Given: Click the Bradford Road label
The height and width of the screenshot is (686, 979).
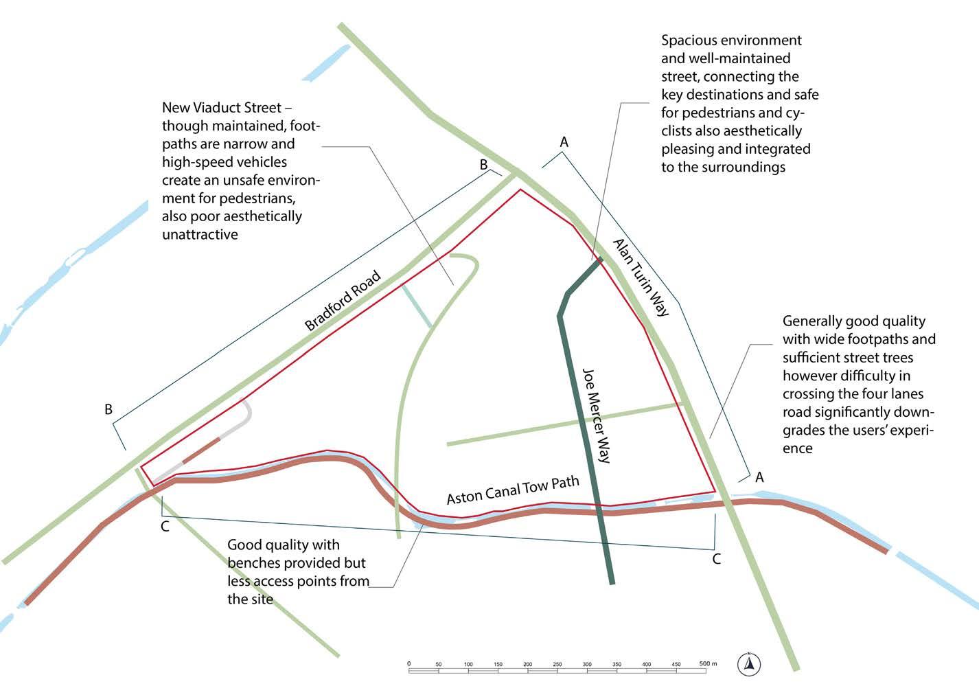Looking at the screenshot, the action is point(343,301).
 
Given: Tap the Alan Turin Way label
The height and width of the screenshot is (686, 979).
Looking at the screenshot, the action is point(640,277).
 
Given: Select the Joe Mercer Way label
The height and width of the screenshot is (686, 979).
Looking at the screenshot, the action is point(596,415).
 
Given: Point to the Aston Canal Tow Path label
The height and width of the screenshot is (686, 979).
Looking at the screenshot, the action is point(513,490).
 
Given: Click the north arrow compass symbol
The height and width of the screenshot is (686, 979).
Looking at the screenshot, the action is point(750,664).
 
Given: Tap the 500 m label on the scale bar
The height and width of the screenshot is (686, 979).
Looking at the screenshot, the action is point(708,664).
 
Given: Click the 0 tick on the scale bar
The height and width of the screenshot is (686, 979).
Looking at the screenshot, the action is point(409,664).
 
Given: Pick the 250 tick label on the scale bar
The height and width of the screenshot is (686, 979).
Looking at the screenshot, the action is point(557,664).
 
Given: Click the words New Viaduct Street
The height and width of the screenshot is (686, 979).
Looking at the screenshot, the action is point(222,108).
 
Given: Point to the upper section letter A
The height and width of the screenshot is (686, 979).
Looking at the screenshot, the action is point(564,142).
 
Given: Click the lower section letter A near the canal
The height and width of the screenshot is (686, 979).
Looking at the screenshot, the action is point(759,477).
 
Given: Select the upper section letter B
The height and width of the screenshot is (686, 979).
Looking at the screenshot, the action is point(483,165).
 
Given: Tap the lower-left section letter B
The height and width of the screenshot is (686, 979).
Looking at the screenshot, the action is point(108,409).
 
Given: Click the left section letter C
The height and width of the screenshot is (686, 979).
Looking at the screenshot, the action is point(165,527).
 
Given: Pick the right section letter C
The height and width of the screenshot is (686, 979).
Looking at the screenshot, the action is point(717,559).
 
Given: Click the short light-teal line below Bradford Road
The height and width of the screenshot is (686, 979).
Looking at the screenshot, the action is point(417,306).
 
